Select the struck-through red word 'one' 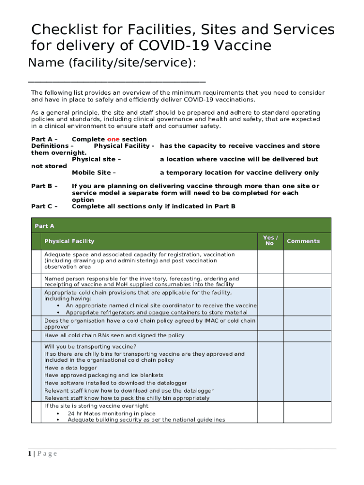tap(113, 139)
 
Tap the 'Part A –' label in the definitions tap(44, 139)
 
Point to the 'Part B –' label tap(44, 186)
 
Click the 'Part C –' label tap(44, 206)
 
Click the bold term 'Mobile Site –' tap(94, 173)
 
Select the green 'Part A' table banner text tap(44, 226)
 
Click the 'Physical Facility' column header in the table tap(69, 241)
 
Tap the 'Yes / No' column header tap(270, 241)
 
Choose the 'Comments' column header tap(303, 241)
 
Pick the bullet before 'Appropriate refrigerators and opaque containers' tap(58, 313)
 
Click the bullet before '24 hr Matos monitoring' tap(58, 413)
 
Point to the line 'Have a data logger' tap(70, 368)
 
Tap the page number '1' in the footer tap(29, 454)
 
